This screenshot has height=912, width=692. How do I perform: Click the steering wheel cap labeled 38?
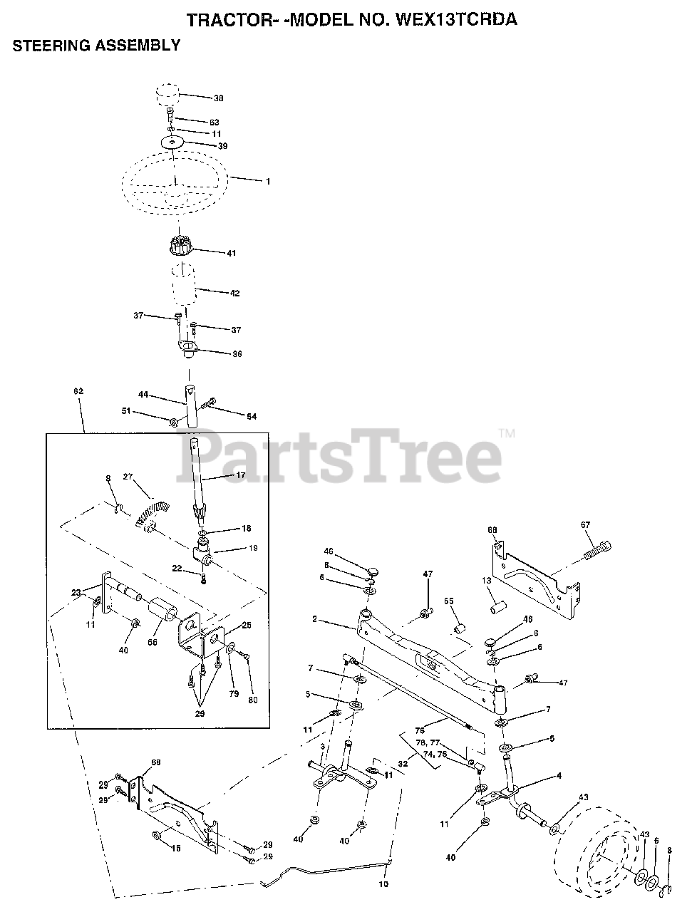coord(168,95)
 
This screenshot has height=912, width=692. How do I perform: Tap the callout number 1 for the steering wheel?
coord(268,182)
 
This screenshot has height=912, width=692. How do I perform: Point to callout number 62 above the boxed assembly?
coord(78,391)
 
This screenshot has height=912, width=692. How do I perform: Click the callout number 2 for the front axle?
coord(315,620)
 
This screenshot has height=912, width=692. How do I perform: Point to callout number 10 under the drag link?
coord(384,884)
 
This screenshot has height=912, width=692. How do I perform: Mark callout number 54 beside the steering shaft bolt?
coord(231,416)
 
